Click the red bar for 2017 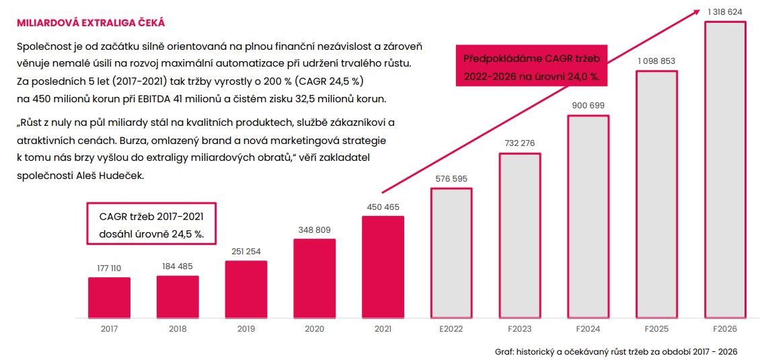(x=109, y=297)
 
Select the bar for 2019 (x=246, y=289)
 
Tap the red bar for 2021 (x=383, y=266)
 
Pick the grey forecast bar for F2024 (x=588, y=215)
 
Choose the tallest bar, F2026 (x=724, y=169)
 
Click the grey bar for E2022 (x=451, y=252)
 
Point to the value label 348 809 (x=314, y=230)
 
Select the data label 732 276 (x=520, y=143)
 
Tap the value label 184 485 (x=178, y=266)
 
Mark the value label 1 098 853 (x=656, y=61)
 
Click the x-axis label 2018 (x=178, y=328)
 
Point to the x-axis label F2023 (x=519, y=328)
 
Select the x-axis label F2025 (x=656, y=328)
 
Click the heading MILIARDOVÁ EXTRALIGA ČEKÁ (x=91, y=23)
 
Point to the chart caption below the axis (x=615, y=352)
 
